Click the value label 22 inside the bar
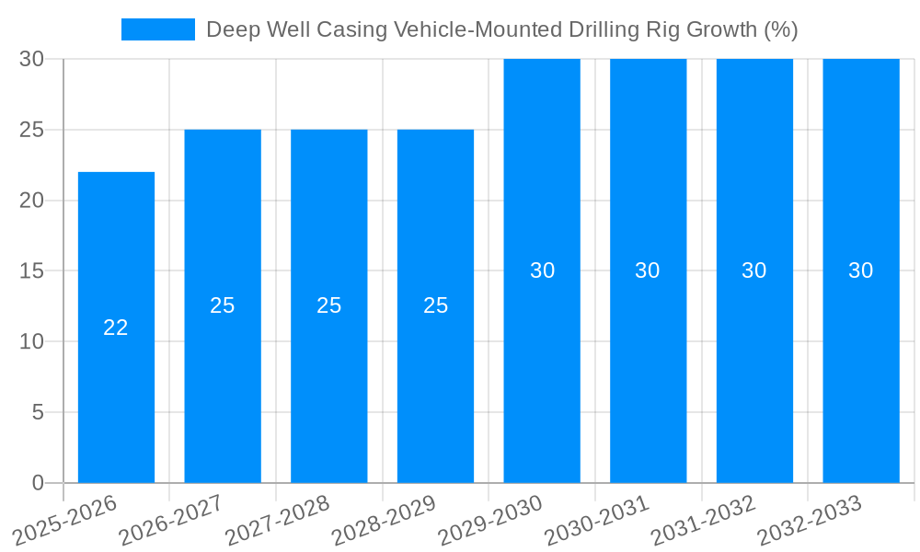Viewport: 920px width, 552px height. click(x=116, y=328)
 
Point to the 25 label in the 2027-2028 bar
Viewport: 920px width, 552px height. click(x=329, y=305)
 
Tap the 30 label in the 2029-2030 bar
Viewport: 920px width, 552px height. click(x=542, y=270)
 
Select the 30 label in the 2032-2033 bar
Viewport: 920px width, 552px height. click(x=860, y=270)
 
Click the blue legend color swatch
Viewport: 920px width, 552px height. click(x=157, y=29)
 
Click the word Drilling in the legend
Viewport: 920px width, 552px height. click(x=597, y=29)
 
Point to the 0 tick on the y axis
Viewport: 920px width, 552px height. click(x=38, y=482)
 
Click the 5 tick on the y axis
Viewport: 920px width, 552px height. click(x=38, y=412)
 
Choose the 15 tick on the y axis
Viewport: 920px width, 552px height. click(x=32, y=270)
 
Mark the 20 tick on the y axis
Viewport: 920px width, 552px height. click(x=32, y=201)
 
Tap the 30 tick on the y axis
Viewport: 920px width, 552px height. click(x=32, y=59)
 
